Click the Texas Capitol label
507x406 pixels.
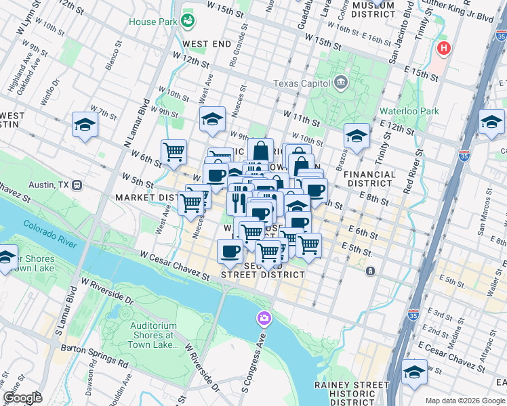302,83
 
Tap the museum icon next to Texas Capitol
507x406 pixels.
341,83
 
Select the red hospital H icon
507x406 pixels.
444,48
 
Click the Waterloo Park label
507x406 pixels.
409,112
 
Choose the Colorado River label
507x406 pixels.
50,233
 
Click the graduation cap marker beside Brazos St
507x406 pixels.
357,136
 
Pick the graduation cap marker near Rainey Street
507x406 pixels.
414,371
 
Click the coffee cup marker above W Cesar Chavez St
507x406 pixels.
230,251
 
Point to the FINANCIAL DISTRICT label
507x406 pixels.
369,179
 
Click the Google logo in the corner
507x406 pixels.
22,398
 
